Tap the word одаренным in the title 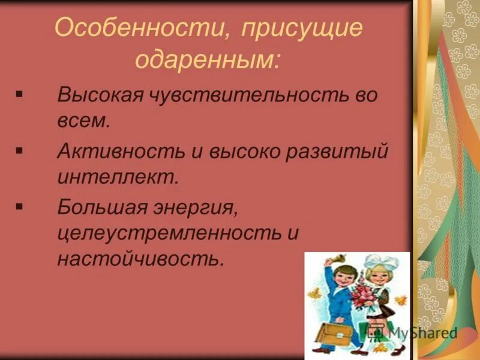(208, 60)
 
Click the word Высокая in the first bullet (98, 96)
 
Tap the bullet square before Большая (20, 206)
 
